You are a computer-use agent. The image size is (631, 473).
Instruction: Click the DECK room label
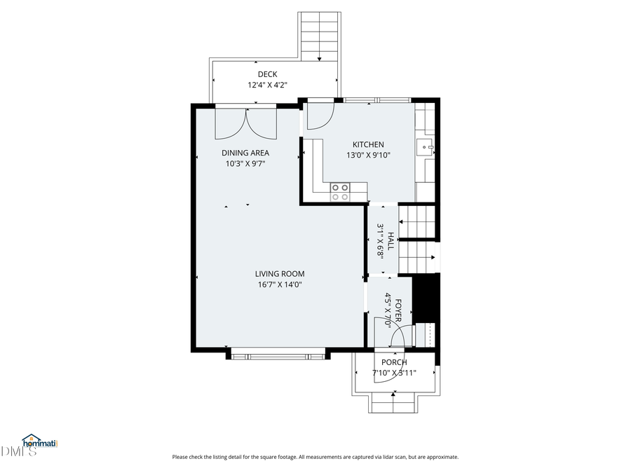tap(267, 74)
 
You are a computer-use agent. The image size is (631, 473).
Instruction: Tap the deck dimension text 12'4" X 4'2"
tap(267, 85)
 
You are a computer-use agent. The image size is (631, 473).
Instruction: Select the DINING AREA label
tap(245, 153)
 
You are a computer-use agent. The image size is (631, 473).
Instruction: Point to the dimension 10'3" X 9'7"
tap(245, 163)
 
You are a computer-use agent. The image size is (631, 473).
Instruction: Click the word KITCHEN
tap(368, 145)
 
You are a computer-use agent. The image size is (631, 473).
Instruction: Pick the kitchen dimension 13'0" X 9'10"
tap(368, 156)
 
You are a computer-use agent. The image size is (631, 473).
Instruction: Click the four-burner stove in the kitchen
tap(340, 192)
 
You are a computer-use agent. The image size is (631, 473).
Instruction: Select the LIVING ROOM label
tap(280, 274)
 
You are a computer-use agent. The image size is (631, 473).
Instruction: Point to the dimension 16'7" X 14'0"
tap(280, 285)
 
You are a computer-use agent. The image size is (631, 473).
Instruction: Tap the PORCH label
tap(394, 362)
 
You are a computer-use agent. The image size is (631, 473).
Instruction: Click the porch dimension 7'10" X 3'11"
tap(394, 373)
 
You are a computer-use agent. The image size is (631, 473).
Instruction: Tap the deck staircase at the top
tap(320, 35)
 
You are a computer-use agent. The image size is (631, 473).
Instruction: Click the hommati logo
tap(39, 441)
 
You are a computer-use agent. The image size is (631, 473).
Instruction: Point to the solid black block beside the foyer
tap(425, 298)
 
